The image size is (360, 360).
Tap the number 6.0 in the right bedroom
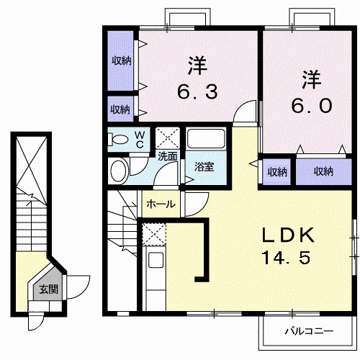tap(311, 105)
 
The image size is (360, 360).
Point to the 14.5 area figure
tap(286, 257)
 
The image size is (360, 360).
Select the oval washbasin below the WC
tap(118, 171)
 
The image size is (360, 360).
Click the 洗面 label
tap(168, 155)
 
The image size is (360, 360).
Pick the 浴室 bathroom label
tap(204, 167)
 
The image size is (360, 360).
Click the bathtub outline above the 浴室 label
tap(207, 143)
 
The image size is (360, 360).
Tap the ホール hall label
tap(161, 204)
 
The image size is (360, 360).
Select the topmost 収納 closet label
tap(120, 60)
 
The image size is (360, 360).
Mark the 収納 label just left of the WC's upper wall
tap(120, 109)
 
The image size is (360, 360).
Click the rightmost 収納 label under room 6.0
tap(324, 171)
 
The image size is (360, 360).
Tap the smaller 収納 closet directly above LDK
tap(276, 171)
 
